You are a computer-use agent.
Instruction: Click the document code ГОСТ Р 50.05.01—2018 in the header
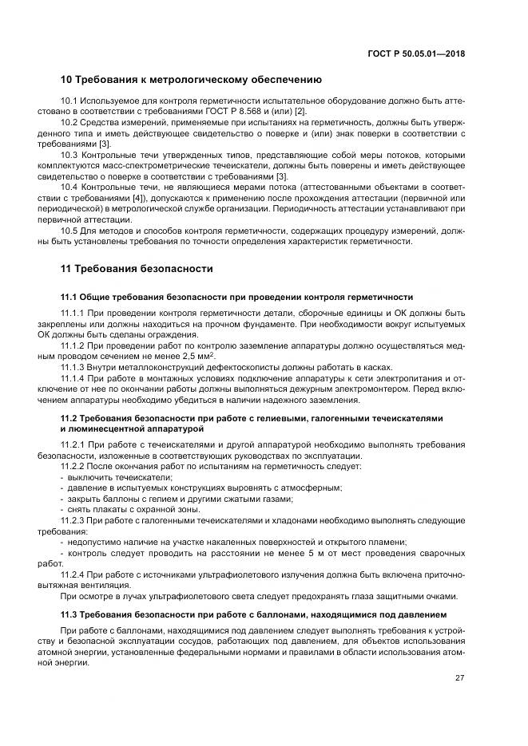416,53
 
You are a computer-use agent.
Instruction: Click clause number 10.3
69,155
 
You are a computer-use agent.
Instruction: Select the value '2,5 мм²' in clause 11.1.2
199,356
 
